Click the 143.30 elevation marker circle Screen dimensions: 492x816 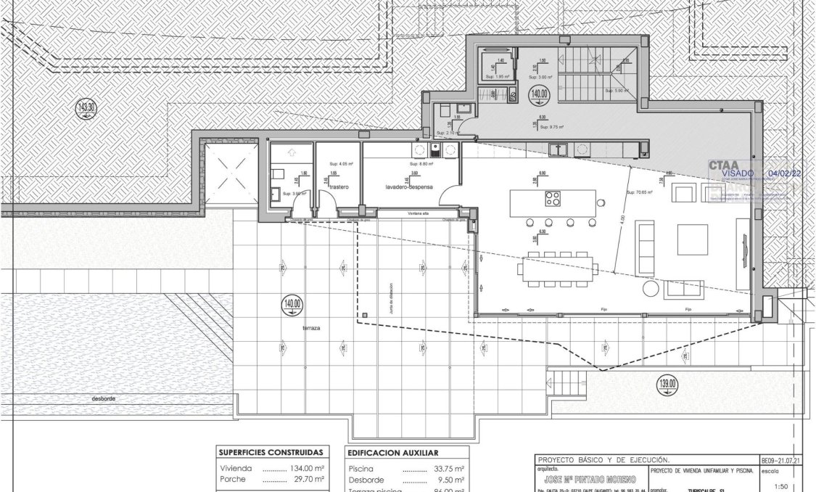click(x=86, y=110)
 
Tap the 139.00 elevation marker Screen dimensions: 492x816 click(x=667, y=384)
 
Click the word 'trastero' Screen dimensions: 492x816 click(x=339, y=186)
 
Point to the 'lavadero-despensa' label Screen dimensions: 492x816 click(x=409, y=186)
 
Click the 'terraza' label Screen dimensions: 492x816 click(x=313, y=328)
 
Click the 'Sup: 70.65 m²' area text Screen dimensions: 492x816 click(x=639, y=192)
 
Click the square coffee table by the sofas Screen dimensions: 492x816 click(x=693, y=239)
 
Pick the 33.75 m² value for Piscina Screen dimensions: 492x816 click(x=448, y=468)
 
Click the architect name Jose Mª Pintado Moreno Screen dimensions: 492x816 click(x=589, y=480)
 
